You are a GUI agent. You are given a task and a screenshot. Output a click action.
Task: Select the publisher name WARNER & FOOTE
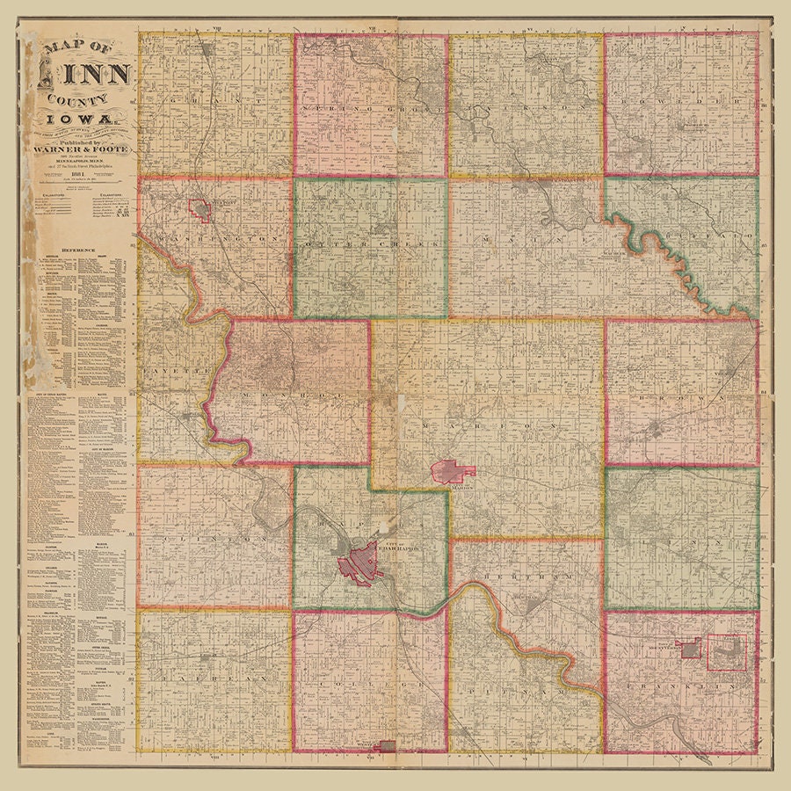click(85, 150)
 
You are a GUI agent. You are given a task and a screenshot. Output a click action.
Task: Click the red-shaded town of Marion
click(454, 472)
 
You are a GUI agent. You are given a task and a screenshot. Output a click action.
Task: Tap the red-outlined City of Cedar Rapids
click(360, 564)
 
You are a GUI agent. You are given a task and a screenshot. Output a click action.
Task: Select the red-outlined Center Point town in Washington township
click(200, 210)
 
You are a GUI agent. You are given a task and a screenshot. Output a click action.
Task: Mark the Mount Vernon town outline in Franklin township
click(690, 649)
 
